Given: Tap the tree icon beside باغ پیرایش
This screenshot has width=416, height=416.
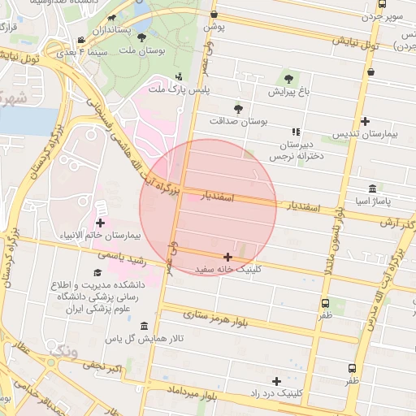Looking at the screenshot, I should click(288, 79).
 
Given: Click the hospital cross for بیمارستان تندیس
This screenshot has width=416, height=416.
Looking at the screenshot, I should click(366, 121).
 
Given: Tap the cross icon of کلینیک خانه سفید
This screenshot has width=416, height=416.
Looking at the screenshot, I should click(227, 257).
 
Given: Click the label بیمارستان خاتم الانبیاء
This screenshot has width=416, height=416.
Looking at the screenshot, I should click(101, 236).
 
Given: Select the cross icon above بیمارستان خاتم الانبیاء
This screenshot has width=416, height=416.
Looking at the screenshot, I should click(101, 222).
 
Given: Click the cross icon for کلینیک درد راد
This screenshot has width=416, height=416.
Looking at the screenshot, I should click(277, 380).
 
